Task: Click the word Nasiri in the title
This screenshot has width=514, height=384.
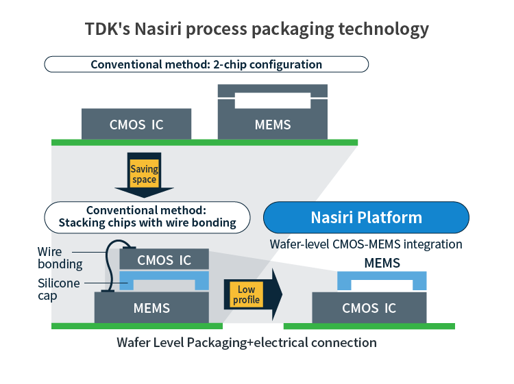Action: [158, 29]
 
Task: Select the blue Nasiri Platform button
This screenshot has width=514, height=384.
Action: [366, 218]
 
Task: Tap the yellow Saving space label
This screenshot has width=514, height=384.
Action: [144, 174]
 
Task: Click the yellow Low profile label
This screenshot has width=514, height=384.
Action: [246, 294]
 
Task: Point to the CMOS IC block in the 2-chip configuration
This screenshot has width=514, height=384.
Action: [136, 124]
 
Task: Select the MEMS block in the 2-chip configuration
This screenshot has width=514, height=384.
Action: [273, 112]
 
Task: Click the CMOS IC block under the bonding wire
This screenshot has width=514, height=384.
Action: [164, 259]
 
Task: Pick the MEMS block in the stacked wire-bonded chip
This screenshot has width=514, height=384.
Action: [151, 307]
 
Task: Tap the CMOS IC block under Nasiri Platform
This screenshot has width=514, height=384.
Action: [369, 307]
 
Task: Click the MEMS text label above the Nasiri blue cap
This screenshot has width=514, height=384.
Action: [382, 263]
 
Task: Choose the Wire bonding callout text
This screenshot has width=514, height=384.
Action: [60, 258]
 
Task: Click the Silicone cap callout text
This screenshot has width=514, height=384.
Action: [59, 289]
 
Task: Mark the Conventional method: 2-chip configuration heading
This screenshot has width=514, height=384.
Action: [206, 64]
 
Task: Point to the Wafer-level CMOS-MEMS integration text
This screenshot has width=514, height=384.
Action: [366, 244]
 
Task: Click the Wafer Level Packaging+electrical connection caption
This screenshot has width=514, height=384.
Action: [247, 342]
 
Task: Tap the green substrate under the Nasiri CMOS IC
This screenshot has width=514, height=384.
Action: [369, 326]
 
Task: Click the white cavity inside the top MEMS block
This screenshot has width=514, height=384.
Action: [273, 101]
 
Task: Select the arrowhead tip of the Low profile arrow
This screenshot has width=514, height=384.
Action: [282, 294]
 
